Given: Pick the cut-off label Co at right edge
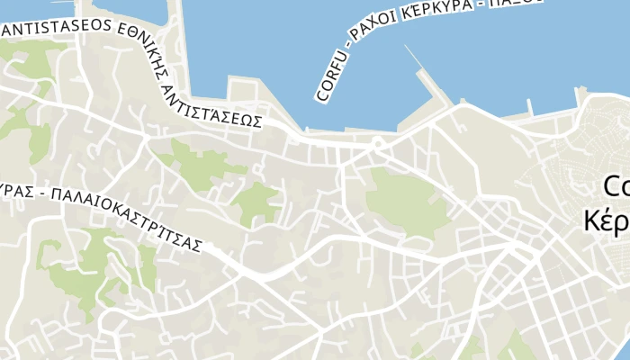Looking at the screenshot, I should (x=616, y=186).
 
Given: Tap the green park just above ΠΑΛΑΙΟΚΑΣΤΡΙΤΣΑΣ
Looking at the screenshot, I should (x=257, y=203).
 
